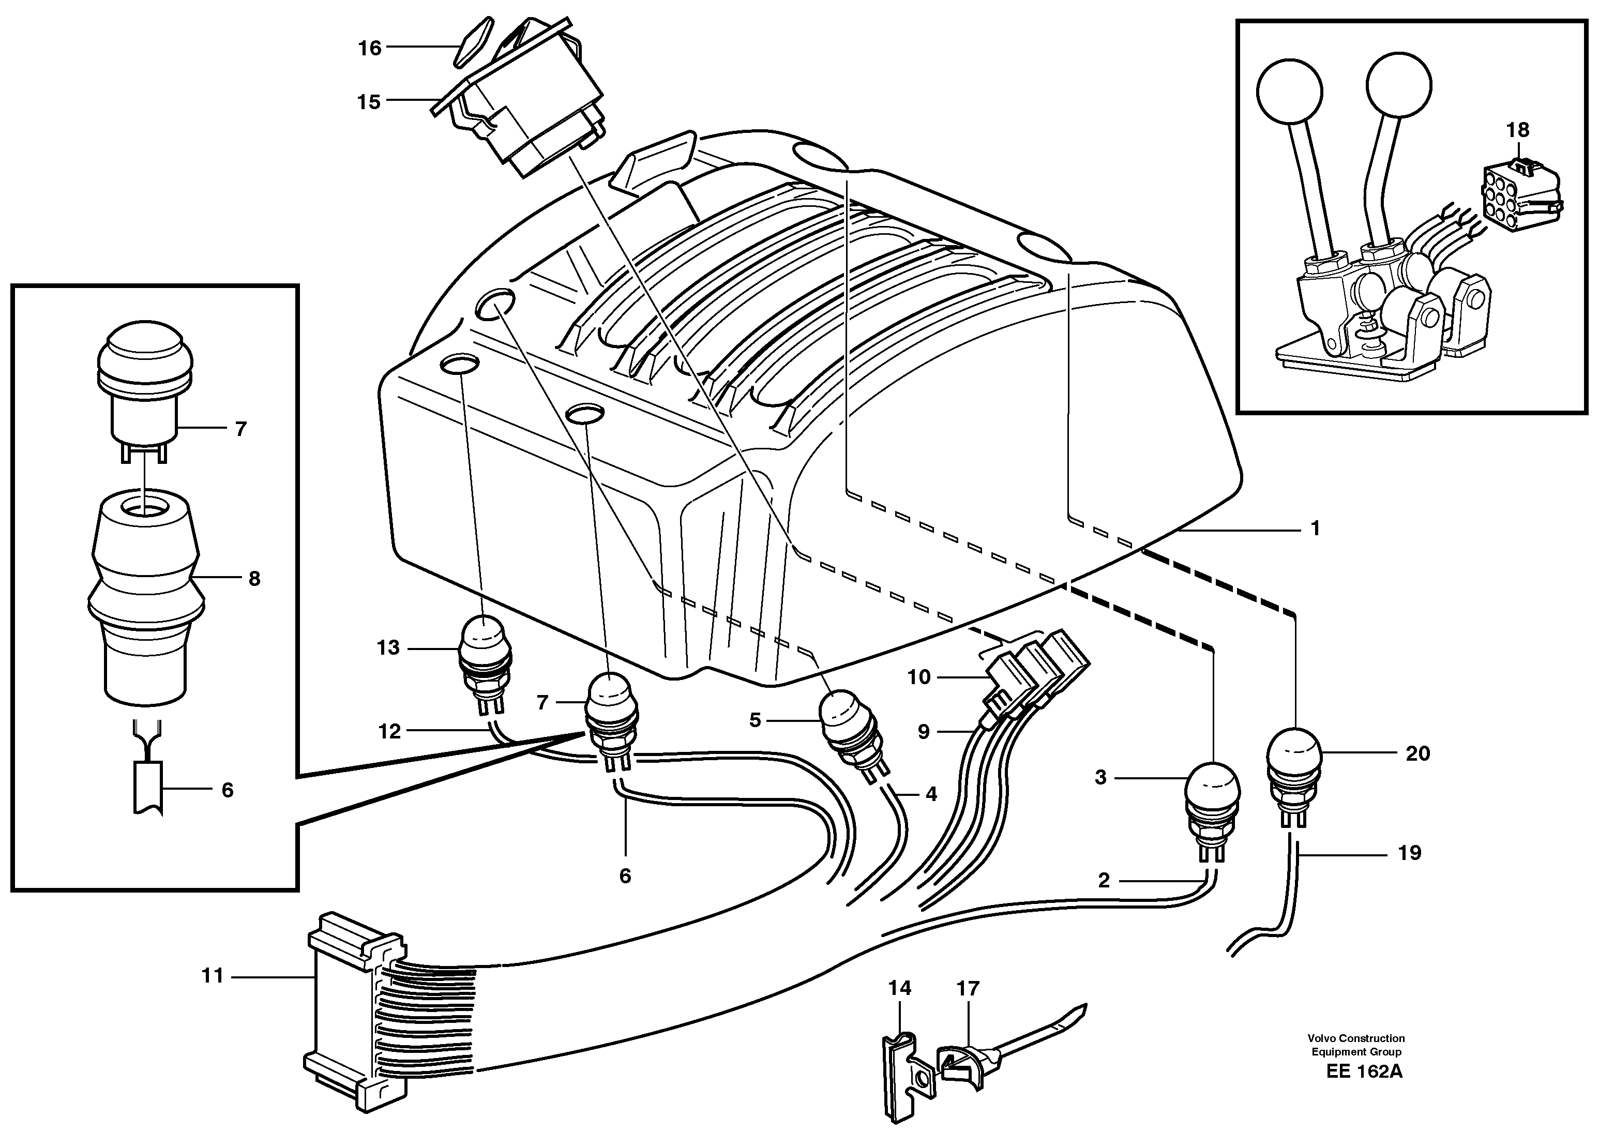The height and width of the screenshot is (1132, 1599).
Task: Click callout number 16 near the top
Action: (x=370, y=48)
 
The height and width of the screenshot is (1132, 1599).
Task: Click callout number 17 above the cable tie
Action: (x=968, y=988)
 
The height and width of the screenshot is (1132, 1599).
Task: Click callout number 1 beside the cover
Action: (x=1315, y=529)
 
